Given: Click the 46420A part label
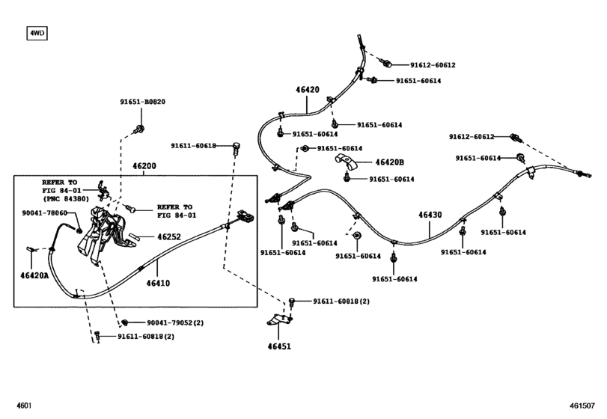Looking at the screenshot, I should coord(33,275).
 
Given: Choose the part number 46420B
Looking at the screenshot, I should coord(389,162).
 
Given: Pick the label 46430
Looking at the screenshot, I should coord(430,215).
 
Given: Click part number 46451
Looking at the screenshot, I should coord(278,346).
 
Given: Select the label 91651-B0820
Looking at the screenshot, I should coord(142,103).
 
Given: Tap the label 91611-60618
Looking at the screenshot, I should coord(192,146).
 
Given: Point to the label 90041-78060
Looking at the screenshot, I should coord(45,213).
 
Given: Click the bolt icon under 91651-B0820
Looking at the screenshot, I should coord(140,131).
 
